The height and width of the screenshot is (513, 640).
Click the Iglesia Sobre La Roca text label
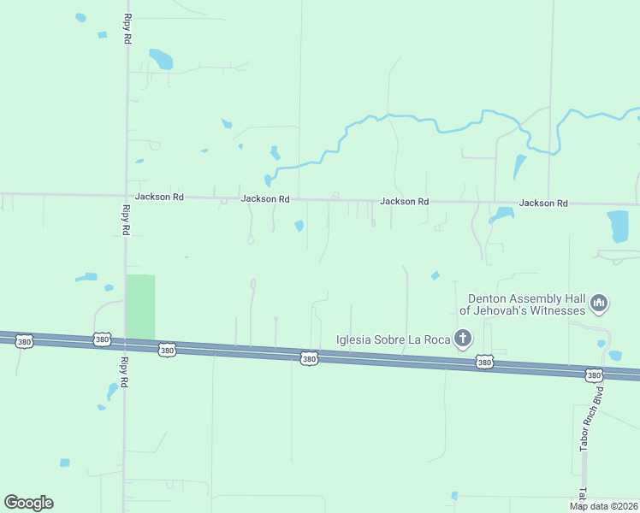point(393,339)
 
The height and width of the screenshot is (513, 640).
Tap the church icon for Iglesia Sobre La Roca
point(463,339)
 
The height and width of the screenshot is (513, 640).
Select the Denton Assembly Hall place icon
point(599,303)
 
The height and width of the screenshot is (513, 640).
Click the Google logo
point(28,503)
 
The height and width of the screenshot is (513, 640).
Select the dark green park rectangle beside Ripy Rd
point(140,307)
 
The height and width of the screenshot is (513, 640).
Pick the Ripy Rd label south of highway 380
point(124,372)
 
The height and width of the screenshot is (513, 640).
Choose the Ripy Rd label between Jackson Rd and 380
point(125,220)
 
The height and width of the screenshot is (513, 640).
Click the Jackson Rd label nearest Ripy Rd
point(159,197)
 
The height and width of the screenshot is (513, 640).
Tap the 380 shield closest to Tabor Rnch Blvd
point(594,375)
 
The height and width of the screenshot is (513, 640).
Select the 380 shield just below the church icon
point(485,363)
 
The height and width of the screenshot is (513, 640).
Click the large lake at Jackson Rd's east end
point(617,226)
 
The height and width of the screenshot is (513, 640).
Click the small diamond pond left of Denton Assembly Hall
point(436,275)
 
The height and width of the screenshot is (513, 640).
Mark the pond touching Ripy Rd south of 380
point(112,391)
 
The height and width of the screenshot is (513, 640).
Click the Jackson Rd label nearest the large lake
point(543,203)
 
